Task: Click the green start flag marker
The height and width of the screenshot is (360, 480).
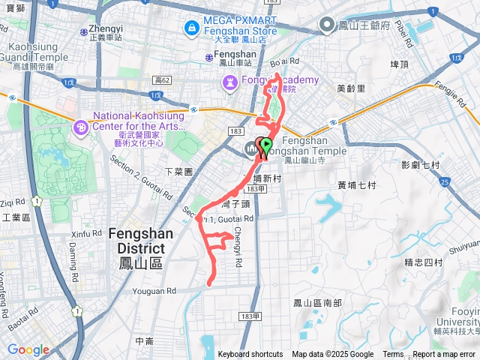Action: point(265,145)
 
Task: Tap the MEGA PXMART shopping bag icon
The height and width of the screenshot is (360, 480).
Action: point(193,28)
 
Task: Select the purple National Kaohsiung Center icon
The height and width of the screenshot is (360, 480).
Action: point(80,128)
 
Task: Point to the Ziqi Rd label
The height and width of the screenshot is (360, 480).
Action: point(13,202)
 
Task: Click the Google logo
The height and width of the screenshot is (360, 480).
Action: point(28,349)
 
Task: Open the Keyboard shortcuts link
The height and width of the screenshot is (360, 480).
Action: point(250,355)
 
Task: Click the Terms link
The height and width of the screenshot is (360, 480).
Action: point(393,355)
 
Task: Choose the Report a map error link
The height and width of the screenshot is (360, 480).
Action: point(445,355)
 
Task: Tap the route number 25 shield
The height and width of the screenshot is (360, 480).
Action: point(444,181)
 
